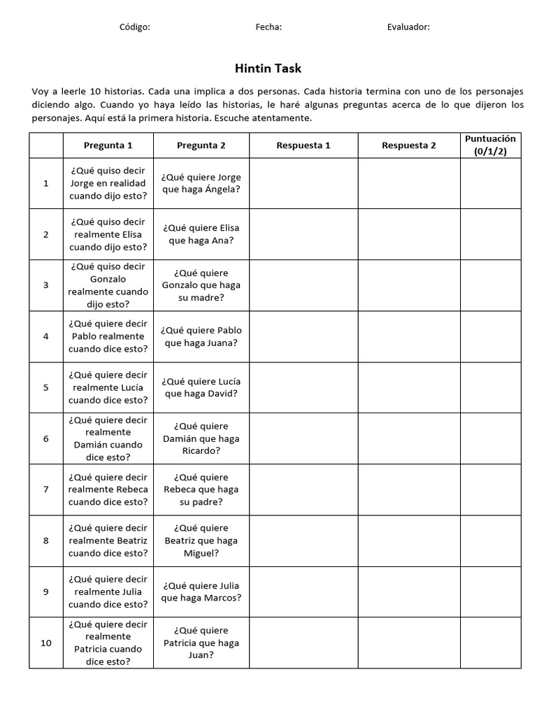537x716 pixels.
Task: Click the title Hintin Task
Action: click(x=268, y=69)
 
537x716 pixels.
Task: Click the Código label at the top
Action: click(x=135, y=27)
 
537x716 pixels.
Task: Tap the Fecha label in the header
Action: click(x=268, y=27)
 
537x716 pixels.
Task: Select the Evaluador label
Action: click(x=408, y=27)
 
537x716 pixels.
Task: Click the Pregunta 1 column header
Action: click(x=108, y=145)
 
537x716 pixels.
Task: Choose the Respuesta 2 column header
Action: click(x=408, y=145)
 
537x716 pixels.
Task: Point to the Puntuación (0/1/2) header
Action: click(x=490, y=145)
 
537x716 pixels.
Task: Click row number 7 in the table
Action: click(x=46, y=489)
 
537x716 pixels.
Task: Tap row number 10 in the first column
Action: click(x=46, y=643)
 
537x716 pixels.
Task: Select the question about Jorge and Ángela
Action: click(x=201, y=183)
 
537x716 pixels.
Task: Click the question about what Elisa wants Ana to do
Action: click(x=201, y=234)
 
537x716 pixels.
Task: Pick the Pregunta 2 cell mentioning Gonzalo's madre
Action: click(x=201, y=285)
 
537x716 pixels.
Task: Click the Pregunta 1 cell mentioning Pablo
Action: click(x=108, y=336)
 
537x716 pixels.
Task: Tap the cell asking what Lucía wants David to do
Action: click(x=201, y=387)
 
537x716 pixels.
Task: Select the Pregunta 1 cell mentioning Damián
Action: click(x=108, y=438)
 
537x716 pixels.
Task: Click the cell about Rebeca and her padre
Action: click(x=201, y=489)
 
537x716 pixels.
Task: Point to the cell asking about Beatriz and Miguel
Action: click(x=201, y=540)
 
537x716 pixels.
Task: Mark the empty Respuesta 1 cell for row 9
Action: click(x=303, y=592)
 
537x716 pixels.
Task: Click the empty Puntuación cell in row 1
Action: click(x=490, y=183)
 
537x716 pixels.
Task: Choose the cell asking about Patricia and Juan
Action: click(x=201, y=643)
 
